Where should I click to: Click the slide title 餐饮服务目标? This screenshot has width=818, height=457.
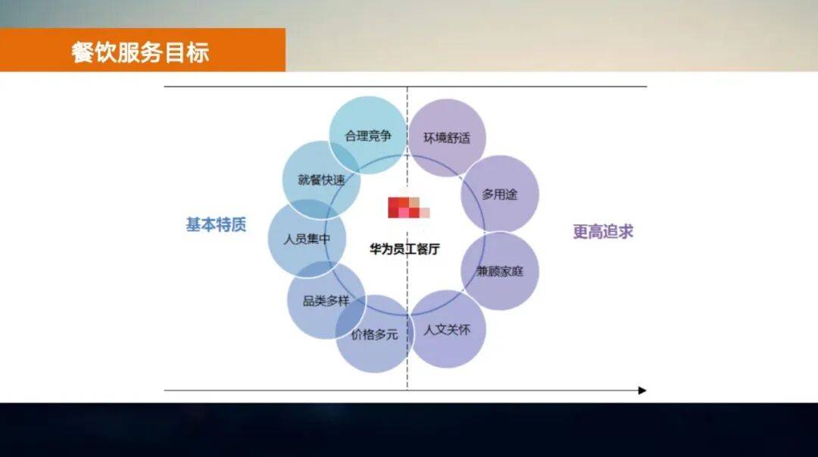pos(140,52)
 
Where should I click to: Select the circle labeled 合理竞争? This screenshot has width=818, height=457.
pos(368,135)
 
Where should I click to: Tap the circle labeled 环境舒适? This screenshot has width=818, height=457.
pos(447,138)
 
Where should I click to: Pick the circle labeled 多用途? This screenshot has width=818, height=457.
pos(500,194)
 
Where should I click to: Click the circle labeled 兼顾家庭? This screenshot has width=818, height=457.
pos(500,271)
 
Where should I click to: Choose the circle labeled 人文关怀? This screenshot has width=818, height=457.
pos(447,329)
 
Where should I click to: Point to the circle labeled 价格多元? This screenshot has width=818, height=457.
pos(374,333)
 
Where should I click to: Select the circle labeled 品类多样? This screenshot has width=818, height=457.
pos(326,300)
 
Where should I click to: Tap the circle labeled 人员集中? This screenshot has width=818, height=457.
pos(307,239)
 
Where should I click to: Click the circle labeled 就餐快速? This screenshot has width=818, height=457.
pos(321,180)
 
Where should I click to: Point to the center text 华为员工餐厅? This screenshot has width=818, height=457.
pos(404,249)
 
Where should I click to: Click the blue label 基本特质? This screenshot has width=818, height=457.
pos(216,224)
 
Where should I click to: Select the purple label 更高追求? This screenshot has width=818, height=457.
pos(603,231)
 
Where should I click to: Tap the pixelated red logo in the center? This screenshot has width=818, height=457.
pos(408,208)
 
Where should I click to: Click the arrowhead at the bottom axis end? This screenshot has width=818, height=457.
pos(642,390)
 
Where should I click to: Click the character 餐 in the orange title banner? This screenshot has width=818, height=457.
pos(83,53)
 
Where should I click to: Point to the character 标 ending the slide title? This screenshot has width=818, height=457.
pos(198,53)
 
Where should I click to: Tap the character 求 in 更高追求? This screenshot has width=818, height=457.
pos(626,231)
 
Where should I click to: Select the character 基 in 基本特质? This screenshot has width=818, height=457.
pos(194,224)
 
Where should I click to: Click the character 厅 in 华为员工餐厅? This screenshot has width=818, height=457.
pos(434,249)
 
